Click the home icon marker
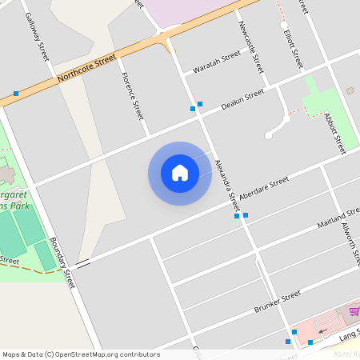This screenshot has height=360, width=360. [x=180, y=173]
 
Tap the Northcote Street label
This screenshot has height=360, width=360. [x=87, y=70]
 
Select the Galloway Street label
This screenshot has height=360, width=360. [x=37, y=37]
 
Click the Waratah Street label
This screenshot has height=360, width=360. [x=218, y=62]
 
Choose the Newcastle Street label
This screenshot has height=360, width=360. [x=250, y=47]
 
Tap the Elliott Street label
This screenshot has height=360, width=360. [x=292, y=47]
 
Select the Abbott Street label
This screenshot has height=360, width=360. [x=334, y=133]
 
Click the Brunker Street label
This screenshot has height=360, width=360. [x=277, y=301]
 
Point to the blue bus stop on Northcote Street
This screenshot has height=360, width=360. [x=16, y=94]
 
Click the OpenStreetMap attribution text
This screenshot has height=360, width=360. [x=80, y=354]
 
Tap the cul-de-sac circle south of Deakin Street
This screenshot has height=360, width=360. [x=269, y=135]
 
